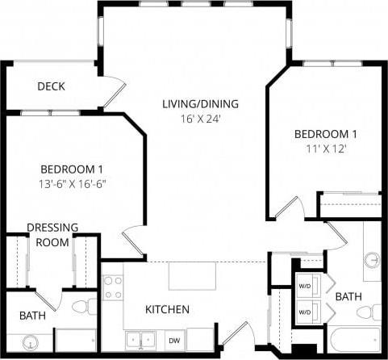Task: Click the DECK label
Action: (51, 86)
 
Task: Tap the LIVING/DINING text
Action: (200, 104)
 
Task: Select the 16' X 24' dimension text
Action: (200, 119)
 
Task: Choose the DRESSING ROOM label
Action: (52, 234)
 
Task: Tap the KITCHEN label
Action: (167, 309)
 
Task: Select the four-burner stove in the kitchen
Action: (113, 288)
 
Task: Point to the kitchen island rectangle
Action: (192, 275)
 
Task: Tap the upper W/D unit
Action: (305, 285)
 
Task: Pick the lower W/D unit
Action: (305, 311)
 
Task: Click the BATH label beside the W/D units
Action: (348, 297)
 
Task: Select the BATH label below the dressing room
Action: (32, 316)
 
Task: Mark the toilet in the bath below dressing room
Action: (81, 307)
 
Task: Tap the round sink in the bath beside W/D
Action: (373, 260)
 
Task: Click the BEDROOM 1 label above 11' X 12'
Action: (325, 133)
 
